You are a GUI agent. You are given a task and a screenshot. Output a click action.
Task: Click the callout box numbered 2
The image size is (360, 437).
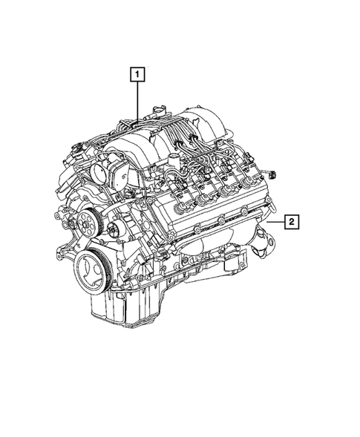tap(292, 220)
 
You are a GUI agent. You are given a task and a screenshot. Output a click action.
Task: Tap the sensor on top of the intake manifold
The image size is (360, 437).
tap(151, 111)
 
